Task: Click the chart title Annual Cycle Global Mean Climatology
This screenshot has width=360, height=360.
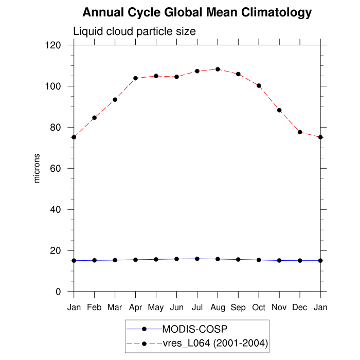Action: pos(197,12)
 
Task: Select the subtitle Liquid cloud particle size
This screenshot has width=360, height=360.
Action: pos(134,31)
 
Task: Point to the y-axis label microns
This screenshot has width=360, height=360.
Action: pos(37,168)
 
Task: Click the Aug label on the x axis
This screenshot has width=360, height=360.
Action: pos(218,308)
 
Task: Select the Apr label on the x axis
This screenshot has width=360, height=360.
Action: pos(135,308)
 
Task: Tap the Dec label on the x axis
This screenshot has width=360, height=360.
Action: pos(300,308)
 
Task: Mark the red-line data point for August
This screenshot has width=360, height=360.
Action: pos(218,69)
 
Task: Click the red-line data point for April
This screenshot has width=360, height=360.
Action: pos(136,78)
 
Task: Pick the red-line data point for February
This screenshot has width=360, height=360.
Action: pos(95,118)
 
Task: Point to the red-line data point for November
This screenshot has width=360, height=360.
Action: pos(279,110)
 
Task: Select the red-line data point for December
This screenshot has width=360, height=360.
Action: pos(300,132)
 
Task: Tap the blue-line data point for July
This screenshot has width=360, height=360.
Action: pos(197,259)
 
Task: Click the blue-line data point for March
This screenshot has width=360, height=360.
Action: pos(115,260)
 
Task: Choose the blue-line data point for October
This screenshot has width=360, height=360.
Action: pos(259,260)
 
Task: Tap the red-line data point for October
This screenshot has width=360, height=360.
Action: pos(259,85)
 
